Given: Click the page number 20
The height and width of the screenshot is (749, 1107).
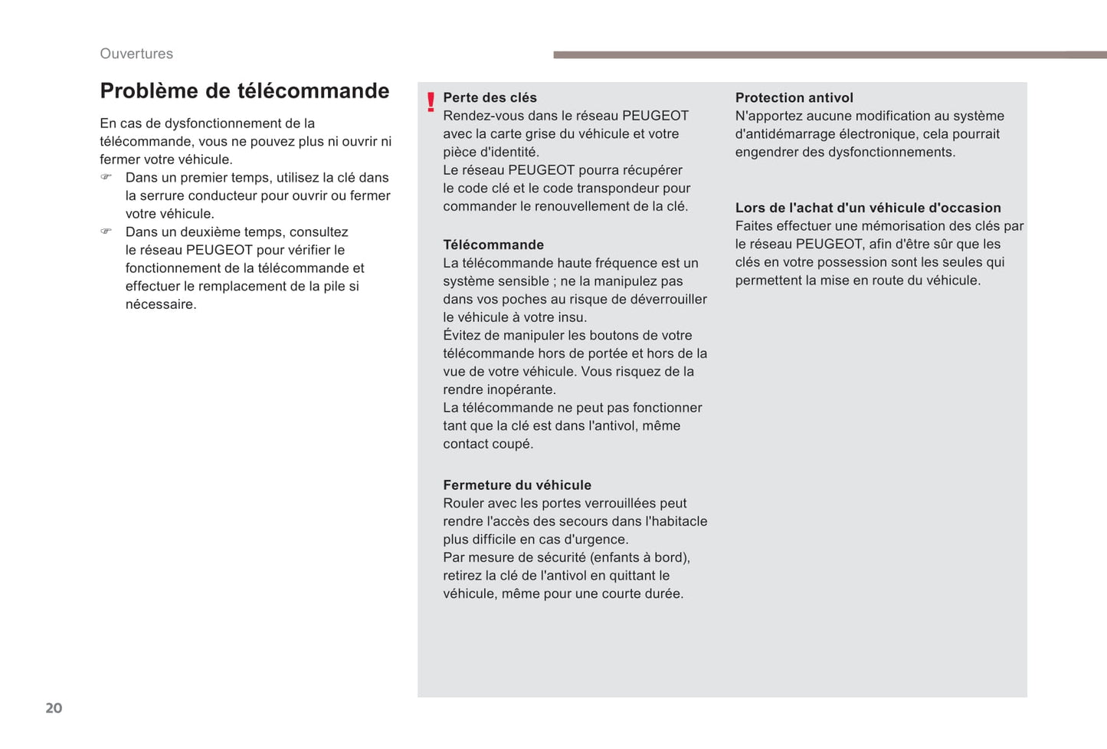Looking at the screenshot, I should (x=54, y=708).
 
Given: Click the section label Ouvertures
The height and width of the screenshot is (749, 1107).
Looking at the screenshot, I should (x=136, y=54).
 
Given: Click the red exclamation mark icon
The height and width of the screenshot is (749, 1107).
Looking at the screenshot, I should (x=431, y=102).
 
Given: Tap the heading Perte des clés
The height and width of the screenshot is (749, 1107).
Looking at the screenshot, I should (x=490, y=97).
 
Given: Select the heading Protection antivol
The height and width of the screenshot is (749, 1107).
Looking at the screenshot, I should (x=794, y=97).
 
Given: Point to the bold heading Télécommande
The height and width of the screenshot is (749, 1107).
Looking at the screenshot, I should (x=493, y=245).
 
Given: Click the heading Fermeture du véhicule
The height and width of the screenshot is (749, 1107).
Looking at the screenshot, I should (x=517, y=485).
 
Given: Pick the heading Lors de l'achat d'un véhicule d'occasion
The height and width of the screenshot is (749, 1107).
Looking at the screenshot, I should (x=868, y=208).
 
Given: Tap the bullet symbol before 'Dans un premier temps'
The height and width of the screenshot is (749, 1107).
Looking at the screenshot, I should (x=106, y=177).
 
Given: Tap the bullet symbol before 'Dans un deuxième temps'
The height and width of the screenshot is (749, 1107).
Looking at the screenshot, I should (x=106, y=232).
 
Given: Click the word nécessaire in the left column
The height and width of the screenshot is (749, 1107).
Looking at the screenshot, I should (x=161, y=304).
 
